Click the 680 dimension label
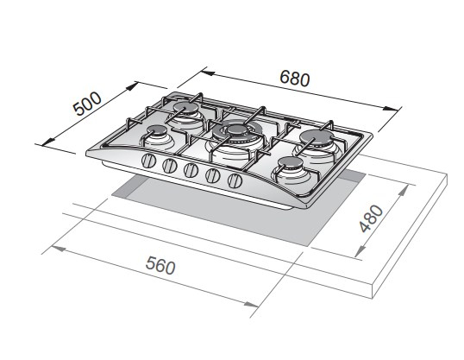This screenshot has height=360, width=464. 295,79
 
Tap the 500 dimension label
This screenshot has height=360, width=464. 88,104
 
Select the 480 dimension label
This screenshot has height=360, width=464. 371,218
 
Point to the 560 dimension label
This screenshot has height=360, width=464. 160,266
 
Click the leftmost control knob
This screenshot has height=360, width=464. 148,161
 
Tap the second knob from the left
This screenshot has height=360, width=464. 170,166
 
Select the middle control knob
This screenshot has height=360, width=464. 191,170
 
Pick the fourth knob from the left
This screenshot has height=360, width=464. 213,176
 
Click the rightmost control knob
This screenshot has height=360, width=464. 235,180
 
